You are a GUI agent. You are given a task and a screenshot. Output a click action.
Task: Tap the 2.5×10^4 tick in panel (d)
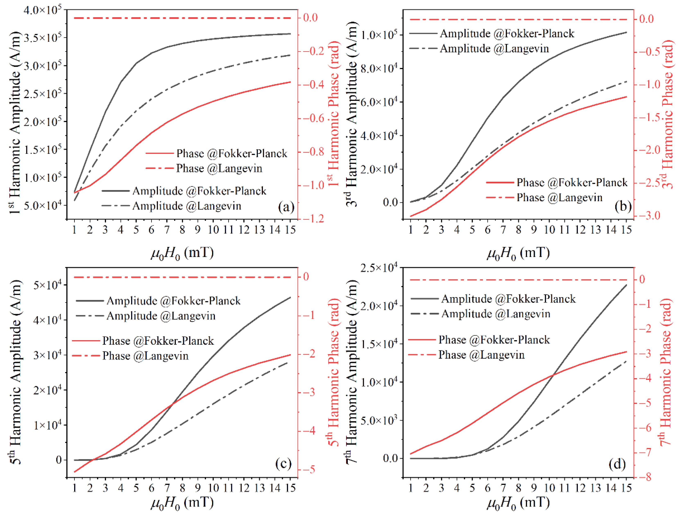coord(379,268)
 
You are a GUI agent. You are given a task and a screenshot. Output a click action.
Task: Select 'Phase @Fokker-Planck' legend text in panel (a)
coord(232,153)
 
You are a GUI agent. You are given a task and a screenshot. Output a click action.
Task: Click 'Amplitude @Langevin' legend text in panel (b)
coord(494,49)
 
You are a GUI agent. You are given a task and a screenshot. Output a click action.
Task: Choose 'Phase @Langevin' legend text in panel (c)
coord(145,356)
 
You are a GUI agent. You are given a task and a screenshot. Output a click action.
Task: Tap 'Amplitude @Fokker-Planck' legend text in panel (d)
coord(508,299)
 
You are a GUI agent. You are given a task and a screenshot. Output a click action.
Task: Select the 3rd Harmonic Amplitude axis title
coord(352,113)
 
